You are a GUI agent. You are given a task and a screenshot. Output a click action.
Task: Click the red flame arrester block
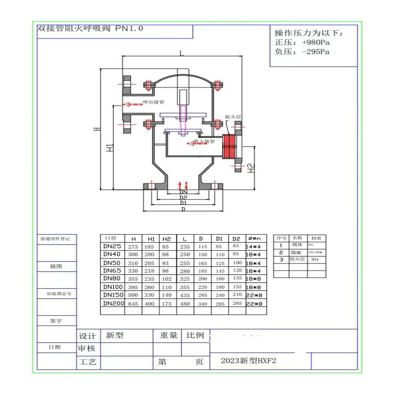coord(230,146)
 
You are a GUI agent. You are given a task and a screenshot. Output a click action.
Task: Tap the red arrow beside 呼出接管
coord(134,104)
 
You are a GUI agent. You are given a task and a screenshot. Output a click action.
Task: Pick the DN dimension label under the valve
coord(183,192)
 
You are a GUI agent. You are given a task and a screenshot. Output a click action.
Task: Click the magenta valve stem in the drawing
coord(182,116)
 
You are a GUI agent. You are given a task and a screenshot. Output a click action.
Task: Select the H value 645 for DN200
coord(134,304)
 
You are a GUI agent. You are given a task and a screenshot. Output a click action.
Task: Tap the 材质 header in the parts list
coord(316,238)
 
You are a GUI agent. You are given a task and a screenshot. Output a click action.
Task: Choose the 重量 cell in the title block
coord(168,335)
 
